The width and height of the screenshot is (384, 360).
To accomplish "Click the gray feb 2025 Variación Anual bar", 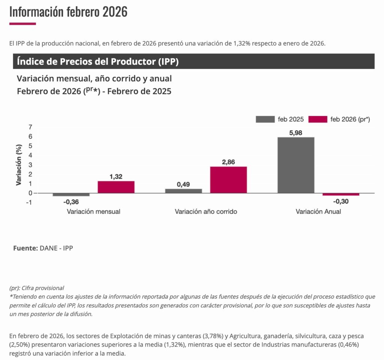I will coord(296,165).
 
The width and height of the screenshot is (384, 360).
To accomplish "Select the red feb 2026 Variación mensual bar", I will coord(116,187).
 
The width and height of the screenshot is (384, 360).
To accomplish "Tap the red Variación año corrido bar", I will coord(228,180).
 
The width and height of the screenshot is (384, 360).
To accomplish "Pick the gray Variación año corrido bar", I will coord(183,191).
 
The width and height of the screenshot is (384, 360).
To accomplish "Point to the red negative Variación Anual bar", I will coord(341,194).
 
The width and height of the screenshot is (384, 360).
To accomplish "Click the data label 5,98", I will coord(296,133).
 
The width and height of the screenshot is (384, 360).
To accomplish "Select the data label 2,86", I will coord(228,162).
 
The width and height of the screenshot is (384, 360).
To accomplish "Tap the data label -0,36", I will coord(71,202).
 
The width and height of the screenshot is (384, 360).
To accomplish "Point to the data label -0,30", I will coord(341,201).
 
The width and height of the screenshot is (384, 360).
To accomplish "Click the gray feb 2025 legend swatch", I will coord(265,120).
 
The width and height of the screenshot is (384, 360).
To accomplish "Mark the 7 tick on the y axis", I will coord(30,127).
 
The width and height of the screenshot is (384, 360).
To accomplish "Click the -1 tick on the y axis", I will coord(29,203).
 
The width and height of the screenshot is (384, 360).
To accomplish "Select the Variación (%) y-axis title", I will coord(18,165).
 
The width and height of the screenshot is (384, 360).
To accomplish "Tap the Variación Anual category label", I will coord(318,212).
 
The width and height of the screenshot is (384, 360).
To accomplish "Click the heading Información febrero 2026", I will coord(68,12).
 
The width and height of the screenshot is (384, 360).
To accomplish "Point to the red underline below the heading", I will coord(22,24).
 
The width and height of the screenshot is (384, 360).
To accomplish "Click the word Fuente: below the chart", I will coord(25,248).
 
